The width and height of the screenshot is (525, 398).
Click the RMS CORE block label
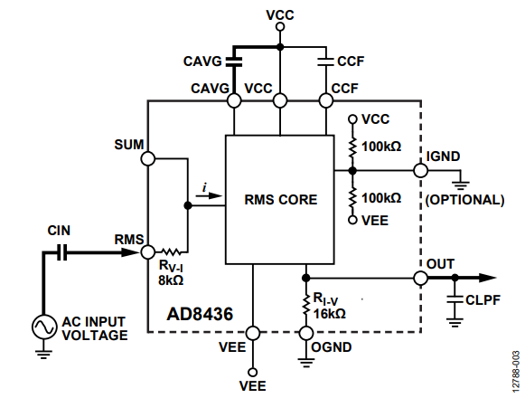tap(281, 200)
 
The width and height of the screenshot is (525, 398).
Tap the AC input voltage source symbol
tap(44, 327)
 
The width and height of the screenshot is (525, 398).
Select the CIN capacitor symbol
tap(62, 252)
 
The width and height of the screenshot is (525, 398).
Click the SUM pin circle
tap(147, 158)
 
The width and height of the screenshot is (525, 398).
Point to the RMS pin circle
tap(147, 252)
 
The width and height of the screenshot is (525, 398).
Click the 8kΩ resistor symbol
tap(172, 251)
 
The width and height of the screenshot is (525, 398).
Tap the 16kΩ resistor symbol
tap(305, 305)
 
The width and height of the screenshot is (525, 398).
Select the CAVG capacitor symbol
tap(234, 62)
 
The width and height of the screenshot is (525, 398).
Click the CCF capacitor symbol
tap(326, 62)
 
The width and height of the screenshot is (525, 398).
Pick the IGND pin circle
tap(421, 170)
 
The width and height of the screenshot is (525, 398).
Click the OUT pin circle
tap(421, 278)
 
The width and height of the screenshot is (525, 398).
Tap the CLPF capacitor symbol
tap(455, 299)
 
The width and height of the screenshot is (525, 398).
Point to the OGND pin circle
tap(306, 333)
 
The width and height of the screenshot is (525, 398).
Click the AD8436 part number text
tap(200, 314)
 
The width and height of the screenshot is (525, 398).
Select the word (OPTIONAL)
tap(464, 200)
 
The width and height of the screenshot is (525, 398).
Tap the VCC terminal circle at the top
tap(280, 26)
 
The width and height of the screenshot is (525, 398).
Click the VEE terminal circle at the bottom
tap(253, 372)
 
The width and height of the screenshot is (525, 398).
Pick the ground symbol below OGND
tap(306, 363)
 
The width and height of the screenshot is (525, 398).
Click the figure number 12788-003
tap(516, 372)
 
